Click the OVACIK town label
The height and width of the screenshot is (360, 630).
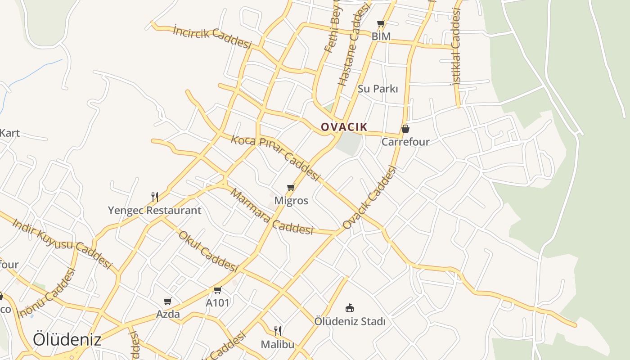(x=344, y=127)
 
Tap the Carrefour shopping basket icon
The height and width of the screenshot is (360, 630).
(x=405, y=129)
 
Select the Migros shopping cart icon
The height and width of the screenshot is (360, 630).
(x=291, y=187)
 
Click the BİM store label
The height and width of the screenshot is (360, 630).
(x=381, y=36)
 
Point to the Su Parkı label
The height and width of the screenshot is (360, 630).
(x=378, y=89)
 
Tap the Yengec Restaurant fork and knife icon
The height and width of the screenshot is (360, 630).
(x=154, y=197)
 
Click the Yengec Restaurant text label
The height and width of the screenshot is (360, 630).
(x=154, y=210)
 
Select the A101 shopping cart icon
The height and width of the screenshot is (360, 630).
(x=217, y=290)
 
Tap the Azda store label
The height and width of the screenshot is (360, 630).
(x=168, y=314)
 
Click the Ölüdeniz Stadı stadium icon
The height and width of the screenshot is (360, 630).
(x=349, y=308)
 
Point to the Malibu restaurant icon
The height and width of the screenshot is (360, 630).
(x=278, y=331)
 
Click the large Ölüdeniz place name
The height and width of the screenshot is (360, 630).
(x=67, y=340)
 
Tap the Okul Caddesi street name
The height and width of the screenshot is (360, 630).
(x=208, y=252)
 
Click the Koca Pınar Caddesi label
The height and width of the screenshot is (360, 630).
(x=275, y=157)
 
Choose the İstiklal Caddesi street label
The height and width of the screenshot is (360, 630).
(x=457, y=47)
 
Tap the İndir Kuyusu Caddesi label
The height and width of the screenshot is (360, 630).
(x=62, y=243)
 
